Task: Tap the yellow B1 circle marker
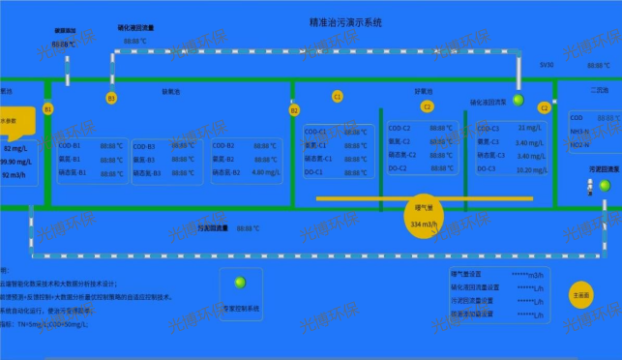click(x=48, y=109)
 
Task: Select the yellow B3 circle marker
click(x=111, y=98)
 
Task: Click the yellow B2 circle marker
click(x=294, y=110)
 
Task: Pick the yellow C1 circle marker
click(x=338, y=96)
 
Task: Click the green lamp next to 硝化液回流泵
click(x=518, y=101)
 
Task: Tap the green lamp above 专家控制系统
click(x=241, y=284)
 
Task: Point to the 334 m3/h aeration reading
click(x=424, y=225)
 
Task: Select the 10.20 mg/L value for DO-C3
click(x=531, y=169)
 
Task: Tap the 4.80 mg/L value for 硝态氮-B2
click(x=263, y=172)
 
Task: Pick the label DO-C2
click(x=399, y=168)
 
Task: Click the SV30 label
click(x=547, y=65)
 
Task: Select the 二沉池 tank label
click(x=600, y=90)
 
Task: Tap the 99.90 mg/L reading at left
click(x=16, y=162)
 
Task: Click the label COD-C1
click(x=316, y=131)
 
